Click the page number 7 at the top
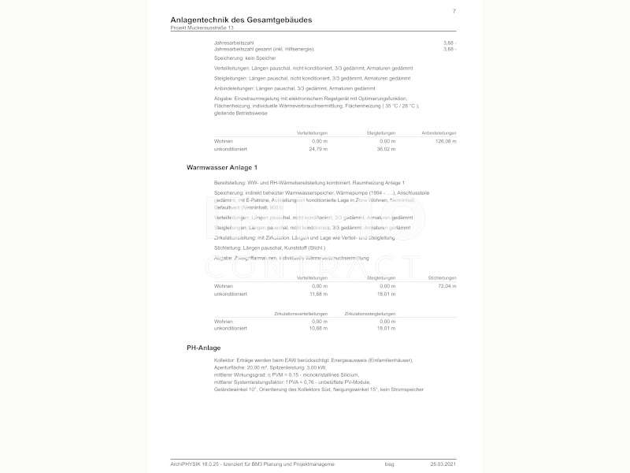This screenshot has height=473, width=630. (454, 11)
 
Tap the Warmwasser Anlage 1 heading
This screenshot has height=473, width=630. (221, 168)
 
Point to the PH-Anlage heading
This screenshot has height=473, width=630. (203, 348)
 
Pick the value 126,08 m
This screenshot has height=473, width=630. (446, 141)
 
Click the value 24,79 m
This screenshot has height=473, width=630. (318, 148)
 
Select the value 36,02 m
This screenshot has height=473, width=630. (386, 148)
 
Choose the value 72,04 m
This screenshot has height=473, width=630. (447, 286)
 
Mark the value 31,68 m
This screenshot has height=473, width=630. (318, 293)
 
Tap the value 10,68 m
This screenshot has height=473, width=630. (318, 328)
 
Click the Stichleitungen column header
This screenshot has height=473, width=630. (442, 278)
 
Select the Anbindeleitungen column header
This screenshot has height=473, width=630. (439, 132)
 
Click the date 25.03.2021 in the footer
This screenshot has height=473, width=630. (443, 464)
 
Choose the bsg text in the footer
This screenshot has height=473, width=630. (389, 464)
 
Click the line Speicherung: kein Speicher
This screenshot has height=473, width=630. (245, 58)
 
